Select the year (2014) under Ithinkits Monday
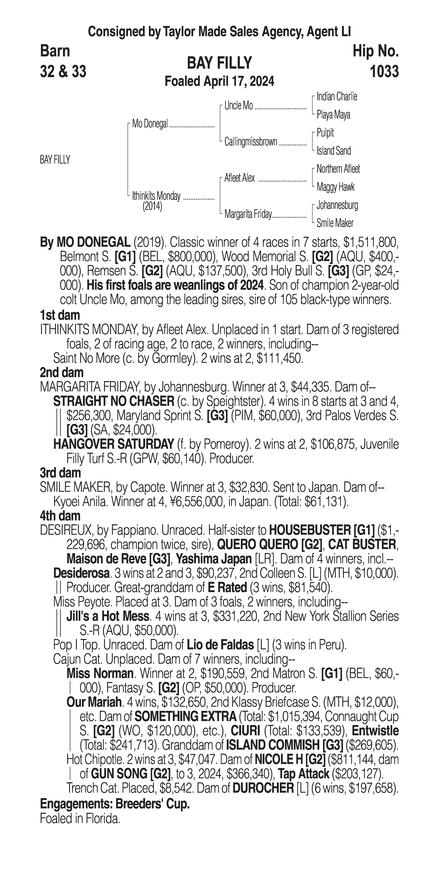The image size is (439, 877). tap(152, 207)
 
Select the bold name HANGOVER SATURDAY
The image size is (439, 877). tap(114, 444)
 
